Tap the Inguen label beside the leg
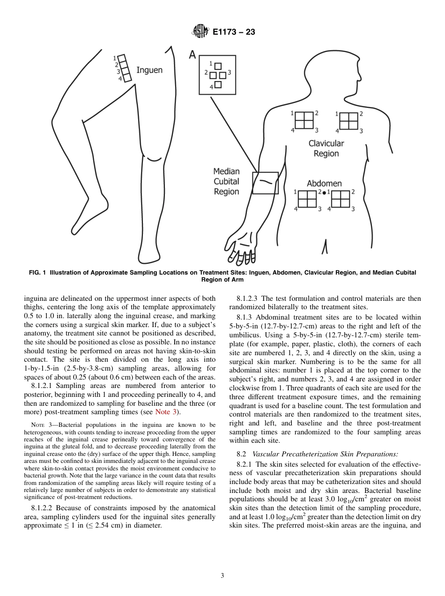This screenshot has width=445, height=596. point(149,70)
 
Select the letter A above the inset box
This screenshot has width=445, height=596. point(192,55)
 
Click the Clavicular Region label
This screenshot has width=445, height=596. point(326,149)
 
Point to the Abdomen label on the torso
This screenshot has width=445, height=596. point(324,183)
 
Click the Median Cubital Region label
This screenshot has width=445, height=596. point(226,181)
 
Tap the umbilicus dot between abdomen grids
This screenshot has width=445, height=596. point(324,193)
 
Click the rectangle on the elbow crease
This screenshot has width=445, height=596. point(265,183)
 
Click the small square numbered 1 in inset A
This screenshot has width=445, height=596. point(218,66)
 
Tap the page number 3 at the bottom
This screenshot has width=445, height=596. point(222,576)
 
